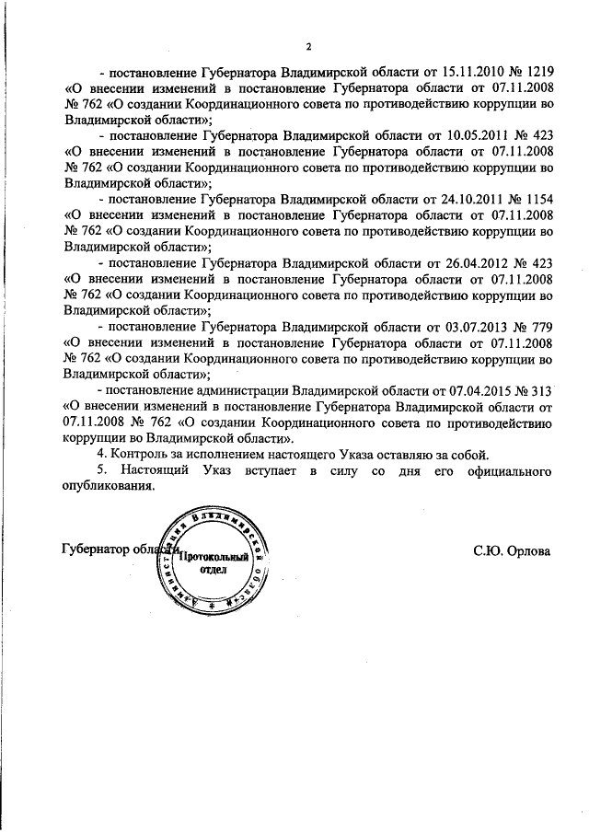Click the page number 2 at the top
(x=310, y=47)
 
